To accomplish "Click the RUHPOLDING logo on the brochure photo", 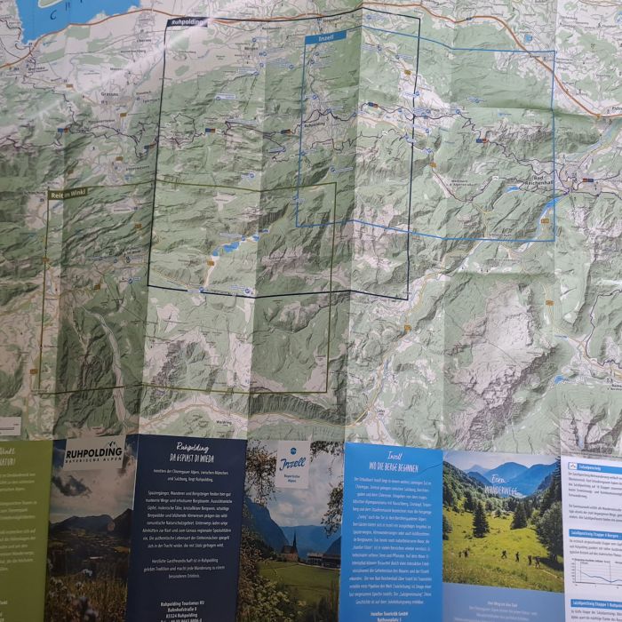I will tap(94, 453).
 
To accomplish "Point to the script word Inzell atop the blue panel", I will tap(390, 453).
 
